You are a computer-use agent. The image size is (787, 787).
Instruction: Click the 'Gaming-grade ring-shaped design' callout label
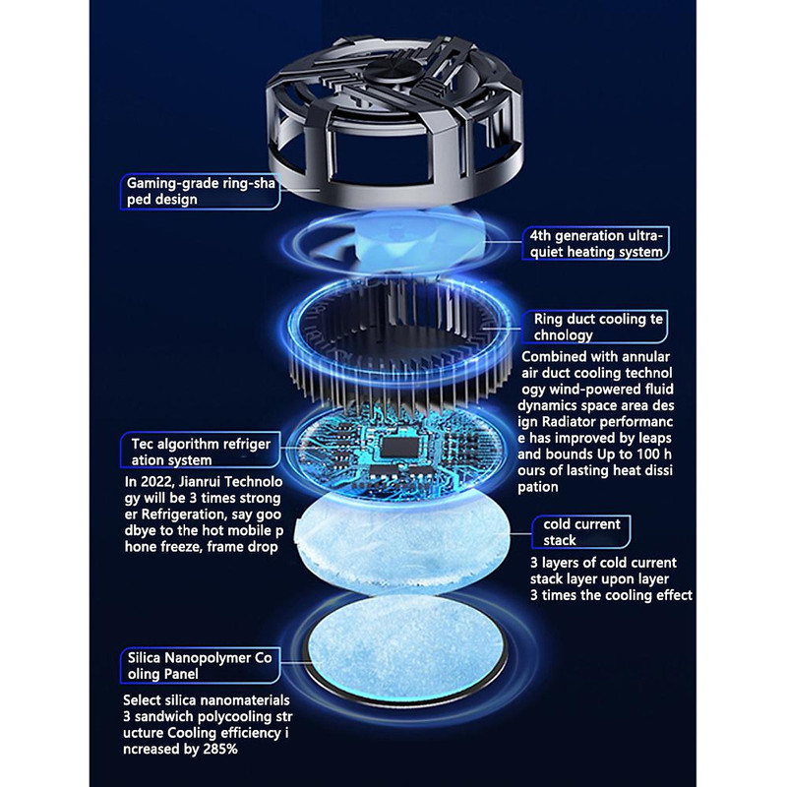click(201, 191)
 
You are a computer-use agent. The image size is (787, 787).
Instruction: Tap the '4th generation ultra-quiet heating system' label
click(596, 243)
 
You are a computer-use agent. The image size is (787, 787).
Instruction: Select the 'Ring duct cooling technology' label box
click(595, 327)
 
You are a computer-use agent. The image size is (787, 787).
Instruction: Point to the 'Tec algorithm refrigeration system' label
click(201, 452)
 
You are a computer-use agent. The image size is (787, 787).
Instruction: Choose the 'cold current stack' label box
click(581, 532)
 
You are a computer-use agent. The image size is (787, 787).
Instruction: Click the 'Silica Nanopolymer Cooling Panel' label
click(201, 666)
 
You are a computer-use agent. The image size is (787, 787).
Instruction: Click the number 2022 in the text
click(155, 482)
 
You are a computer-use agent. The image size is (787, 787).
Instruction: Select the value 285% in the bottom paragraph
click(220, 750)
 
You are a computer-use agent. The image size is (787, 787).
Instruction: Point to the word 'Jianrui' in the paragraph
click(200, 482)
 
